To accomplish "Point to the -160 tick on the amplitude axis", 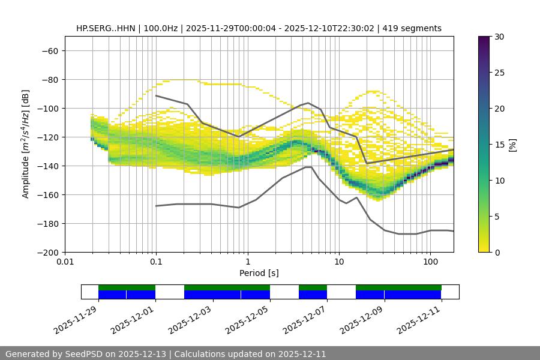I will pyautogui.click(x=48, y=194).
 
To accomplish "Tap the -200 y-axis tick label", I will pyautogui.click(x=48, y=252).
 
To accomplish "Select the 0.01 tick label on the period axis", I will pyautogui.click(x=65, y=262).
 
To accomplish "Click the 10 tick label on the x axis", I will pyautogui.click(x=339, y=262).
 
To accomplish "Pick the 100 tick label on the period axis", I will pyautogui.click(x=430, y=262).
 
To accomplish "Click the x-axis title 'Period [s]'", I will pyautogui.click(x=259, y=273).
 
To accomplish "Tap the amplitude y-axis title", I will pyautogui.click(x=26, y=144).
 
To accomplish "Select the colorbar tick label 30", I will pyautogui.click(x=499, y=37).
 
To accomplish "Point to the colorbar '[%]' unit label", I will pyautogui.click(x=512, y=145).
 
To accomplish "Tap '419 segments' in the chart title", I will pyautogui.click(x=413, y=28).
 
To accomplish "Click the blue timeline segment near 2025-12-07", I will pyautogui.click(x=313, y=295).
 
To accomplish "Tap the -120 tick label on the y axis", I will pyautogui.click(x=48, y=137).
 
